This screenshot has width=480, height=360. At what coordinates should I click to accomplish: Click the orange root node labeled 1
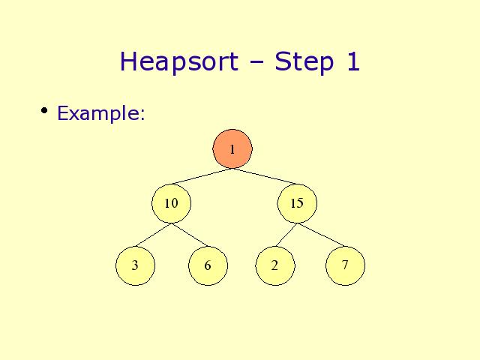click(232, 148)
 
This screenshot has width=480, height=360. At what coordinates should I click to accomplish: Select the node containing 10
click(172, 203)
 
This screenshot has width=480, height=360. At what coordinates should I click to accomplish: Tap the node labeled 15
click(297, 203)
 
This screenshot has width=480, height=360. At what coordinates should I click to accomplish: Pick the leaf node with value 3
click(135, 265)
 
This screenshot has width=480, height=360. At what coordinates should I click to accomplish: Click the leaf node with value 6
click(208, 265)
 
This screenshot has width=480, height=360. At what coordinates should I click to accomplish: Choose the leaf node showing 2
click(275, 265)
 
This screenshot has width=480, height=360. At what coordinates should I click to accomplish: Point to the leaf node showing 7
click(345, 265)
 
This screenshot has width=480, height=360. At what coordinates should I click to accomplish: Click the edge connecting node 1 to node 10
click(201, 177)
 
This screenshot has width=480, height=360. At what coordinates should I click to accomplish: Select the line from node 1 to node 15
click(265, 177)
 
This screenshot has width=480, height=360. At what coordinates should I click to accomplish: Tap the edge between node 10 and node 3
click(153, 235)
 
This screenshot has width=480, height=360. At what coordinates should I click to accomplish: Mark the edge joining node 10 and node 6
click(190, 235)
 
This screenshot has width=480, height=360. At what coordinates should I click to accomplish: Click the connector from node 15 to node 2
click(286, 235)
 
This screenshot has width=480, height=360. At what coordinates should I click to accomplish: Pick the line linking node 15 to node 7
click(321, 235)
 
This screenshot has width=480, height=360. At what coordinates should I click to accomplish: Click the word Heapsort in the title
click(179, 62)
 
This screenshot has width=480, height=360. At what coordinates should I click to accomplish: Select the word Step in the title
click(304, 62)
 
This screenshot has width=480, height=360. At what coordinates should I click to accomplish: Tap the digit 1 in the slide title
click(353, 61)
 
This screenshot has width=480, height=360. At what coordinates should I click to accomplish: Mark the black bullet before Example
click(44, 110)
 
